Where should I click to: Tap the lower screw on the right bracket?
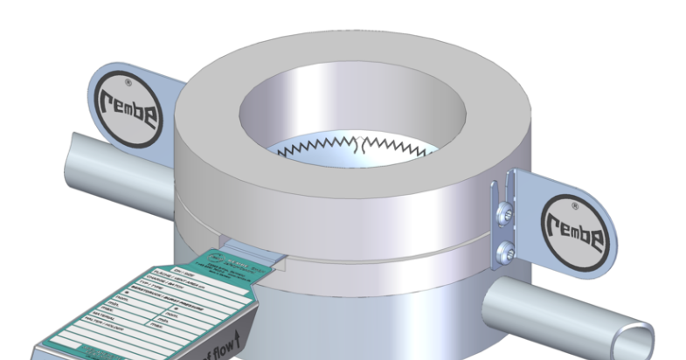pyautogui.click(x=503, y=253)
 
